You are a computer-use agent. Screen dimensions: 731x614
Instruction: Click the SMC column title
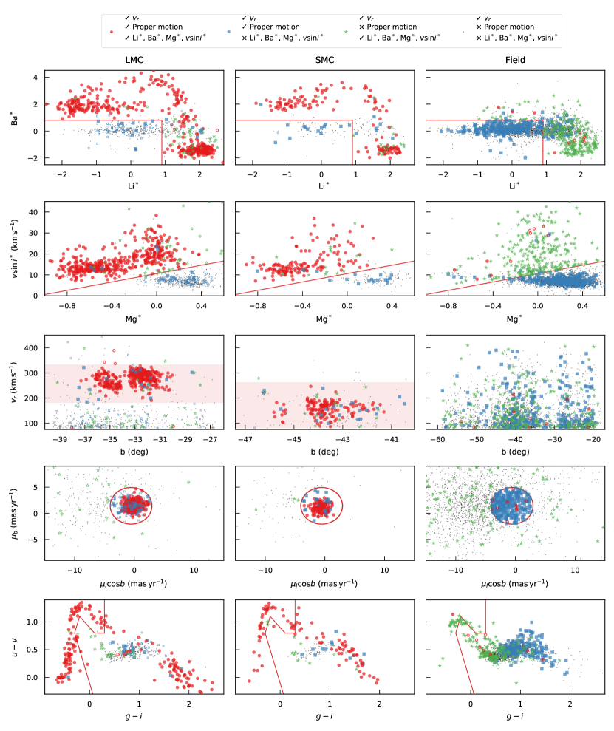pyautogui.click(x=324, y=61)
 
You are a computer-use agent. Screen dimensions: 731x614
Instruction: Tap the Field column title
pyautogui.click(x=515, y=61)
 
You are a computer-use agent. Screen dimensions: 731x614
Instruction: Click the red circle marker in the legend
pyautogui.click(x=111, y=33)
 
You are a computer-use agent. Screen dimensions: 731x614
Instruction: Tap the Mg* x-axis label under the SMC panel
pyautogui.click(x=324, y=318)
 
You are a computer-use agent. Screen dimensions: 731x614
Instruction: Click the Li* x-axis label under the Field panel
pyautogui.click(x=515, y=185)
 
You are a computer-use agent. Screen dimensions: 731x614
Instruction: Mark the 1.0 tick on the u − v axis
pyautogui.click(x=32, y=622)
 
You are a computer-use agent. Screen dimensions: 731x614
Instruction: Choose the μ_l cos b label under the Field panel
pyautogui.click(x=515, y=583)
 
